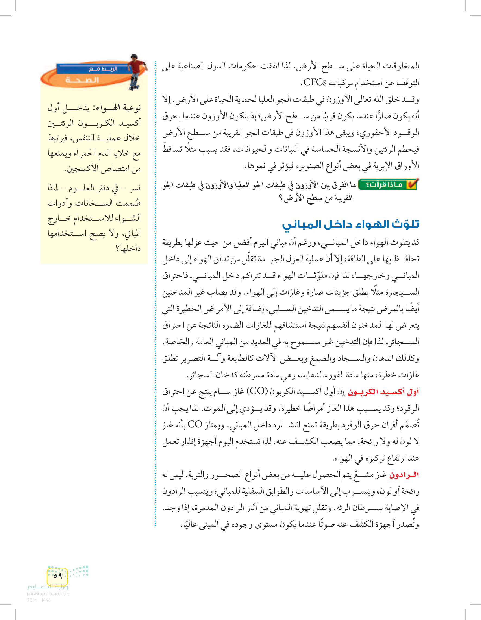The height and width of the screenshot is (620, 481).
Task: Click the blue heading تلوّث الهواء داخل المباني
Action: tap(350, 224)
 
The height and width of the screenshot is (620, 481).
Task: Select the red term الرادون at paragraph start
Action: tap(404, 475)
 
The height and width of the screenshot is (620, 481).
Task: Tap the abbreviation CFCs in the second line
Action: tap(315, 83)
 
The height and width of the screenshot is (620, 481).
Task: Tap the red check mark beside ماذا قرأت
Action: tap(412, 184)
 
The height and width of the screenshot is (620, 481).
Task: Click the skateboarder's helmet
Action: tap(134, 57)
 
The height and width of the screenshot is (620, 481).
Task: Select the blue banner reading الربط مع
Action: tap(94, 69)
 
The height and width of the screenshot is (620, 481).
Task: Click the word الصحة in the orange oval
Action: tap(82, 80)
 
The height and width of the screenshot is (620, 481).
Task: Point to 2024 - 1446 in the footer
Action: tap(39, 600)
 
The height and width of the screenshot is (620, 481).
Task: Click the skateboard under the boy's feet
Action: tap(134, 88)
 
